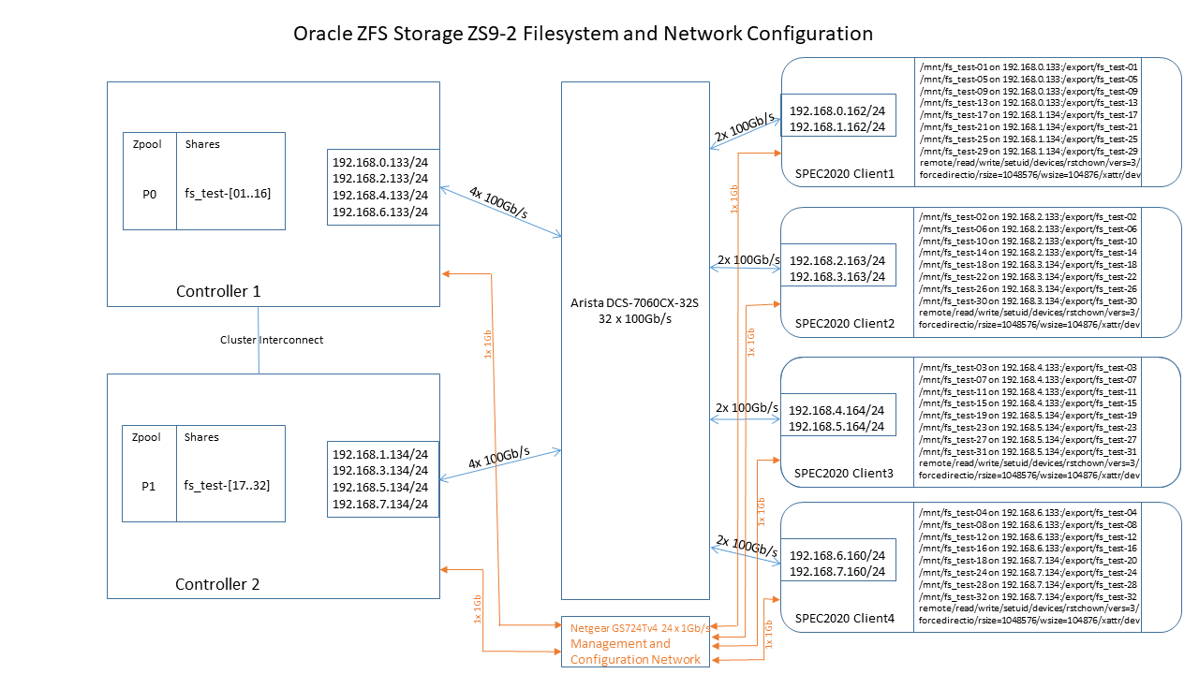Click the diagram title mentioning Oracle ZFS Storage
[583, 35]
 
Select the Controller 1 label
[218, 291]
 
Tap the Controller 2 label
[217, 584]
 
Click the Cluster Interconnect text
[272, 340]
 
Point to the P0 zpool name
[149, 194]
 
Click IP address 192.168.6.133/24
[380, 212]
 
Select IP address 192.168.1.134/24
[380, 453]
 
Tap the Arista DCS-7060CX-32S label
[634, 302]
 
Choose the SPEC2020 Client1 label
[844, 173]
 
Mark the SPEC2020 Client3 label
[844, 473]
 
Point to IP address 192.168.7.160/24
[837, 570]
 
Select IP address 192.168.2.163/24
[837, 260]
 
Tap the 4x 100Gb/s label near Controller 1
[498, 202]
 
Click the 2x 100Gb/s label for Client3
[748, 408]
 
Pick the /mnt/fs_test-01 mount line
[1029, 67]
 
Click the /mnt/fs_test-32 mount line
[1029, 596]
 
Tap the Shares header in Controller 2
[202, 437]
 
